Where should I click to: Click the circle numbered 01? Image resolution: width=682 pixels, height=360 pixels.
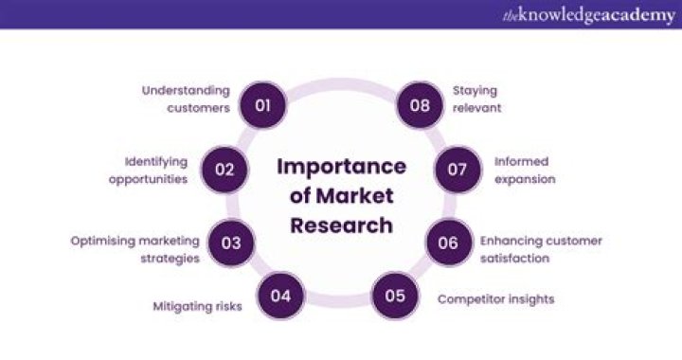click(x=262, y=104)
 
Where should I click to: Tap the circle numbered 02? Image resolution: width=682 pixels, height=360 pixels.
click(x=224, y=170)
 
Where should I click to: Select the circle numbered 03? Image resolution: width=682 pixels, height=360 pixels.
click(x=231, y=243)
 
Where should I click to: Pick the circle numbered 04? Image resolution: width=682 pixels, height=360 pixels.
click(x=280, y=296)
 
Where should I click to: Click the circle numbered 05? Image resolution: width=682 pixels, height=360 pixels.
click(x=395, y=296)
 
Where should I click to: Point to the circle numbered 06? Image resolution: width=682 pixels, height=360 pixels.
click(x=448, y=243)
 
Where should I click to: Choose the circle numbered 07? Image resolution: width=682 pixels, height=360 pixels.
click(x=458, y=170)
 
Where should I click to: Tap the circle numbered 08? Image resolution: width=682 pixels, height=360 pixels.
click(x=420, y=104)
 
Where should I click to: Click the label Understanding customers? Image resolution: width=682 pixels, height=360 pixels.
click(x=187, y=99)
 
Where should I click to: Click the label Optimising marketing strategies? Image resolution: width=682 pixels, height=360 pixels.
click(x=135, y=249)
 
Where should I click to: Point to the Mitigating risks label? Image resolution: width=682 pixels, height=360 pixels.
click(x=197, y=306)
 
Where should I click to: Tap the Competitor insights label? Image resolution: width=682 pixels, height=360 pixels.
click(x=495, y=298)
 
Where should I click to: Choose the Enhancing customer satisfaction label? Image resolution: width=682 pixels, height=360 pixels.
click(x=541, y=249)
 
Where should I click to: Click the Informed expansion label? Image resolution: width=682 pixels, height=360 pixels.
click(x=524, y=170)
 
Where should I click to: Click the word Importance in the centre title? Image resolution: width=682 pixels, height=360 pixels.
click(x=341, y=167)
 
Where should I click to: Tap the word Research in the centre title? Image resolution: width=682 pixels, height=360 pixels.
click(x=341, y=225)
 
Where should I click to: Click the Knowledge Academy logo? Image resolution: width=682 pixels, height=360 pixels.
click(x=589, y=15)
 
